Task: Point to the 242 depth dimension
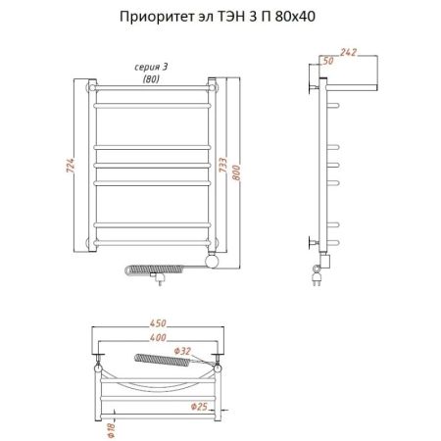pos(349,52)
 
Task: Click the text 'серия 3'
pos(151,66)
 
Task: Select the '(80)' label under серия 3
pos(151,77)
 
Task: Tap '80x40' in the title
pos(296,17)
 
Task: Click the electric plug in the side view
pos(319,279)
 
